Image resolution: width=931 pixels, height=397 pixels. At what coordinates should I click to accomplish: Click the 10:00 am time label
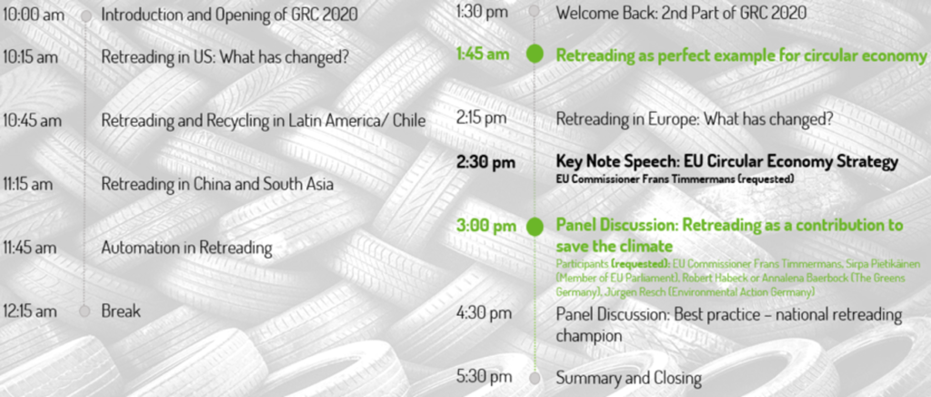coord(33,15)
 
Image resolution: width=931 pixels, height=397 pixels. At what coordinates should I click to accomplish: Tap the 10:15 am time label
coord(30,57)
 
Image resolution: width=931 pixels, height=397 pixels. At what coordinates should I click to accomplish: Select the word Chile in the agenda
coord(410,120)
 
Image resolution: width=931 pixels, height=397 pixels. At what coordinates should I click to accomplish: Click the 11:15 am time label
coord(28,184)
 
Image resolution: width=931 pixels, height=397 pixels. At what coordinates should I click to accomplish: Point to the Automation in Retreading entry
coord(186,248)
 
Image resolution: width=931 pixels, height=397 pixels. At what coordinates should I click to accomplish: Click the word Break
coord(121,310)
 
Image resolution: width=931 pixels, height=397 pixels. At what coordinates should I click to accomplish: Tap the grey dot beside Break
coord(85,311)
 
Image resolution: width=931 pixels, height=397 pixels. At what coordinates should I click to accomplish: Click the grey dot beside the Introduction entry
coord(86,16)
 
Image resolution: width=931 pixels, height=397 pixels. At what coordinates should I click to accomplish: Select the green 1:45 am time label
coord(483,54)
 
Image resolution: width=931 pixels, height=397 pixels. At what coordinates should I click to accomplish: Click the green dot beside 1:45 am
coord(535,54)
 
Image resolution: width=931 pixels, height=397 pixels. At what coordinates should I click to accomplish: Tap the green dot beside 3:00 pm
coord(535,227)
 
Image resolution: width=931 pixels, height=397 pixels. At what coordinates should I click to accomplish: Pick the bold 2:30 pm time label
coord(486,162)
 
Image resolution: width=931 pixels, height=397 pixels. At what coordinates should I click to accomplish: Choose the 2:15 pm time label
coord(482,118)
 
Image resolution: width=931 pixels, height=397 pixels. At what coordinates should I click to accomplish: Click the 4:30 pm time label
coord(484,312)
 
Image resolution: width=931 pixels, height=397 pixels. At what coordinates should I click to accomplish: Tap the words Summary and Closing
coord(629,378)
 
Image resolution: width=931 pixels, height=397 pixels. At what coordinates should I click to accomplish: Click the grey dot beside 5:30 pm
coord(535,377)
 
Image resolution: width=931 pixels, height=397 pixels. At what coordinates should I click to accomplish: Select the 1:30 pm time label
coord(482,12)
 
